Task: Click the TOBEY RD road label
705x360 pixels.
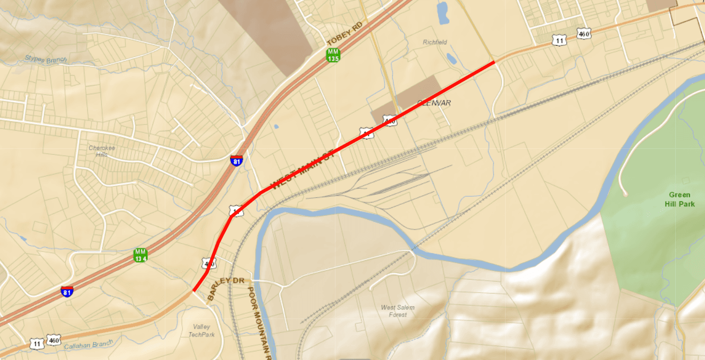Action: coord(345,34)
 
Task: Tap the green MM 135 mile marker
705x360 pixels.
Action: coord(333,55)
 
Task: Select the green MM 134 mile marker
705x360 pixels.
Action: coord(140,255)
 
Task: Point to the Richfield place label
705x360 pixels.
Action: coord(435,42)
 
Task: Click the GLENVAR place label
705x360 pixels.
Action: coord(434,103)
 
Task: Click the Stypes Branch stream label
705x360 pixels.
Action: coord(46,58)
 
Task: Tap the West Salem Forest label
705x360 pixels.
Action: coord(398,311)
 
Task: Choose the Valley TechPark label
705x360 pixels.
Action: coord(202,330)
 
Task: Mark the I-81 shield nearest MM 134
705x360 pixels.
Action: coord(67,291)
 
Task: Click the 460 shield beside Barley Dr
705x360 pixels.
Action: coord(208,263)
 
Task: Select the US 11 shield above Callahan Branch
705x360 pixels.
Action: coord(37,344)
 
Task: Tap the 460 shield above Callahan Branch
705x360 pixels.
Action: coord(54,339)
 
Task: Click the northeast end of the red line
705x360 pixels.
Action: coord(494,62)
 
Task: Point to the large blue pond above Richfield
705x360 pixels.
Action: coord(442,13)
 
